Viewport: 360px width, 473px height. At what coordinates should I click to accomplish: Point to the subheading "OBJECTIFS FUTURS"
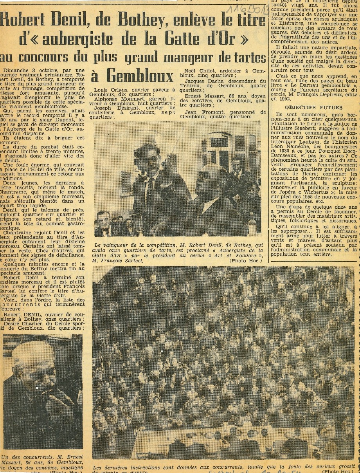(x=314, y=107)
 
